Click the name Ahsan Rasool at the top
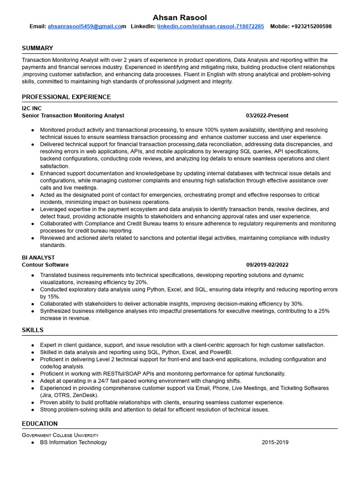(x=180, y=17)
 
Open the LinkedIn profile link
(x=210, y=27)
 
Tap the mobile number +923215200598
(x=308, y=27)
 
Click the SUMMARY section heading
(x=37, y=48)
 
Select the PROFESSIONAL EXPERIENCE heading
(x=66, y=97)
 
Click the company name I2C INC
(x=32, y=108)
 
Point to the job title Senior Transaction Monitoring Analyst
(x=73, y=115)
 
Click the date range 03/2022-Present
(x=267, y=115)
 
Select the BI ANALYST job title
(x=38, y=258)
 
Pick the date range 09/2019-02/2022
(x=267, y=265)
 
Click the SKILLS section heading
(x=33, y=330)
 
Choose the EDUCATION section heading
(x=40, y=424)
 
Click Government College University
(x=60, y=435)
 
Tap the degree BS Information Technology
(x=74, y=442)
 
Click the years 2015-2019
(x=275, y=442)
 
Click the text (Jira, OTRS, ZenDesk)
(x=69, y=395)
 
